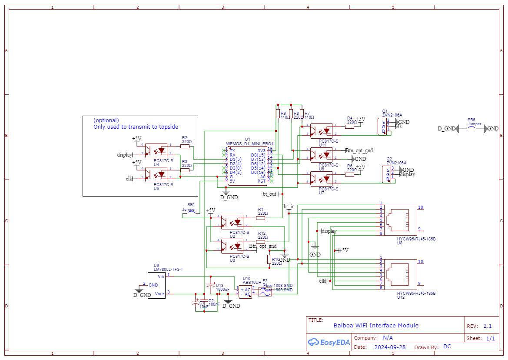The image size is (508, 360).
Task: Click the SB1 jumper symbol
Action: point(191,211)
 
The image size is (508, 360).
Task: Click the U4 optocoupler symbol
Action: point(156,150)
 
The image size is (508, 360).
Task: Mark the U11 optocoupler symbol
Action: point(321,130)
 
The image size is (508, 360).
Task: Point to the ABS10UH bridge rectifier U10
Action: point(245,292)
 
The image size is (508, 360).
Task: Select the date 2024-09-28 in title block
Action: point(390,347)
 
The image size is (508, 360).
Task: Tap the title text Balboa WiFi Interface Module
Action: point(376,325)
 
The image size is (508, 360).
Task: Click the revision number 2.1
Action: point(488,326)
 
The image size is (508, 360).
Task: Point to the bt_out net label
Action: point(270,193)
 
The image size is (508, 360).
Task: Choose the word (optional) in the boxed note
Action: point(106,120)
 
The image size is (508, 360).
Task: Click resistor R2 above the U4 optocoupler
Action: point(185,146)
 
